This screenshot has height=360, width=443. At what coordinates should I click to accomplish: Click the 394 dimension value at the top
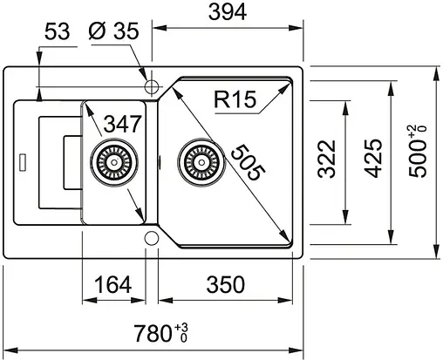pyautogui.click(x=228, y=12)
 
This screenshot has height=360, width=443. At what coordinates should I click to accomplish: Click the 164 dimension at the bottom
pyautogui.click(x=112, y=283)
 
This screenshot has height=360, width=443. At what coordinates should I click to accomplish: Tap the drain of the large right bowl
pyautogui.click(x=195, y=162)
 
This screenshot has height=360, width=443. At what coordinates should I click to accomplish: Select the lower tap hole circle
pyautogui.click(x=151, y=237)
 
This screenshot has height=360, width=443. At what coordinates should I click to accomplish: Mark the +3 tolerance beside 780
pyautogui.click(x=181, y=327)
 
